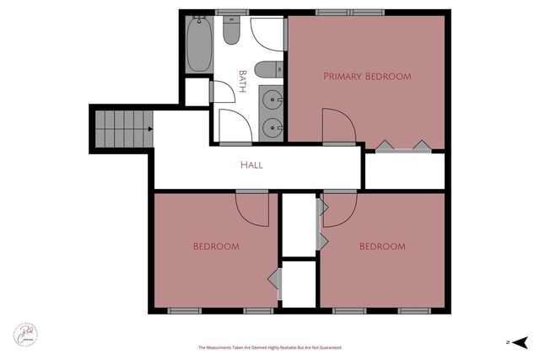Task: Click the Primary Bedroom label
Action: pyautogui.click(x=367, y=77)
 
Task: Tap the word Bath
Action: pyautogui.click(x=244, y=80)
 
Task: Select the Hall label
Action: pyautogui.click(x=251, y=165)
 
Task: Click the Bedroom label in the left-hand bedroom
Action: pyautogui.click(x=216, y=247)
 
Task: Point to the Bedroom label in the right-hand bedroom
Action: pyautogui.click(x=383, y=247)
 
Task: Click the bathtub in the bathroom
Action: pyautogui.click(x=199, y=44)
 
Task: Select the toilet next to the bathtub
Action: pyautogui.click(x=232, y=33)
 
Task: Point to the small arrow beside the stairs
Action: pyautogui.click(x=149, y=129)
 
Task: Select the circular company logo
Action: pyautogui.click(x=25, y=333)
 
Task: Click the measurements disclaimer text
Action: pyautogui.click(x=269, y=347)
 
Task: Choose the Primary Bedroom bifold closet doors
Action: pyautogui.click(x=402, y=147)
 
